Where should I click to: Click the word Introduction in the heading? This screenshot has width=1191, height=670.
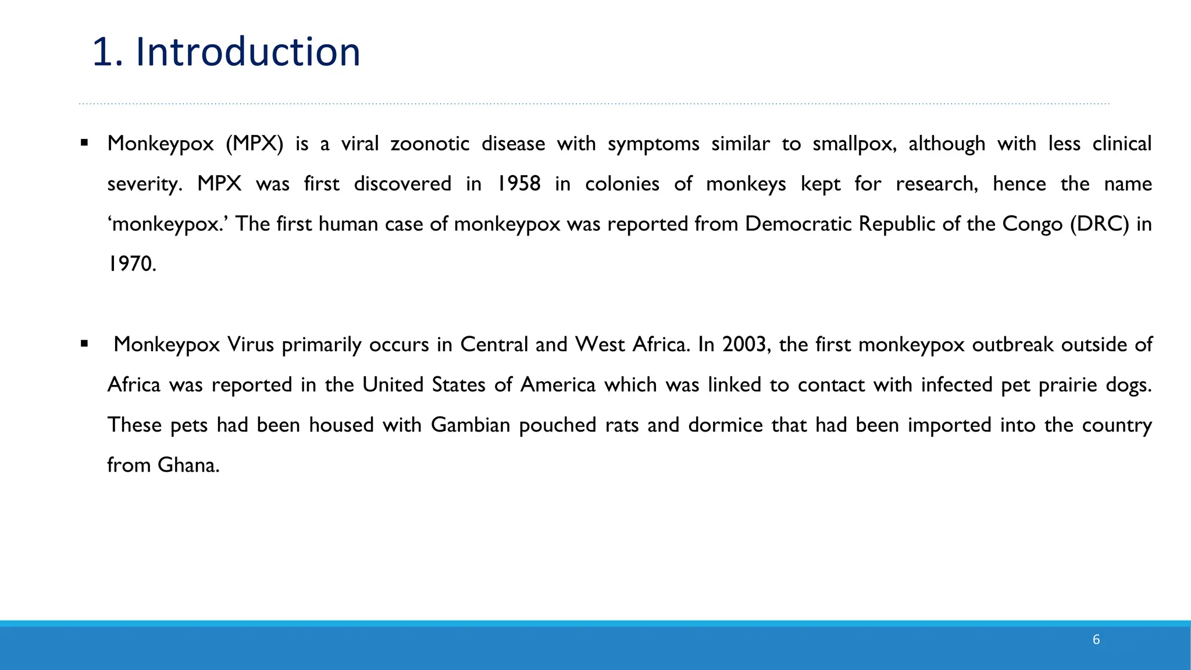[248, 52]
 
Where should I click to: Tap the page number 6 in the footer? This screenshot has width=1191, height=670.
[1096, 640]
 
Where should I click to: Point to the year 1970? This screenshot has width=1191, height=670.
[131, 264]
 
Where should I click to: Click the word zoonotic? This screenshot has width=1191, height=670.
[430, 144]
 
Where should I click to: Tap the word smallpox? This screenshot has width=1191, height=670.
[854, 144]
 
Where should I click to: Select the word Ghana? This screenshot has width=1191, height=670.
[188, 465]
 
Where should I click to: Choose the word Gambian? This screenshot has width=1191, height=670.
[470, 425]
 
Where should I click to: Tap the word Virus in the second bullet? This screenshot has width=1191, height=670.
[251, 344]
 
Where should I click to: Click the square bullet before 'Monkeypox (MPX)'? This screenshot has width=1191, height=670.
[85, 142]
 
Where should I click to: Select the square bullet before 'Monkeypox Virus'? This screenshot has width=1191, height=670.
[85, 343]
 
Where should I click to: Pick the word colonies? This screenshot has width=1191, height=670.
[622, 184]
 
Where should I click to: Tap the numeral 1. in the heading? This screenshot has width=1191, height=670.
[108, 52]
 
